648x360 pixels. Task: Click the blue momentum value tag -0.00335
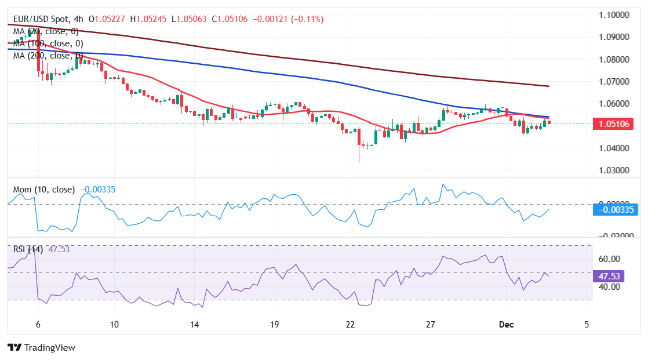pyautogui.click(x=620, y=210)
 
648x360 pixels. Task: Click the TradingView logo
pyautogui.click(x=41, y=348)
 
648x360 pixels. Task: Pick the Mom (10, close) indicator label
pyautogui.click(x=44, y=189)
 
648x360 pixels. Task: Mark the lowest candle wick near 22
pyautogui.click(x=359, y=161)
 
